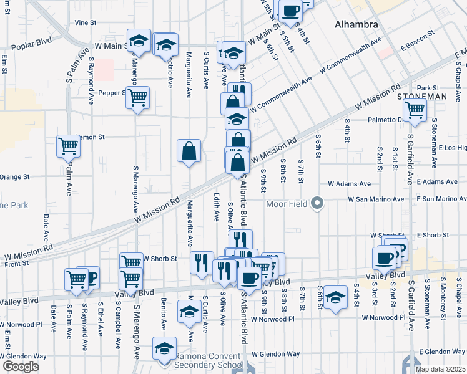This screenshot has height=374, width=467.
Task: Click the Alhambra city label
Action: coord(356,25)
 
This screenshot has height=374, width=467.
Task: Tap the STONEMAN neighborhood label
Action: coord(422,97)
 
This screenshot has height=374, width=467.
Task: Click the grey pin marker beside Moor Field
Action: coord(318,203)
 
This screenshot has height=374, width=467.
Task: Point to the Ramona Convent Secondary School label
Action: coord(209,361)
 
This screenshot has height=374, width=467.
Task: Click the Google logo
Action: coord(21,367)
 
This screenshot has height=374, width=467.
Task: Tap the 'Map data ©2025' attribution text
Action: coord(441,369)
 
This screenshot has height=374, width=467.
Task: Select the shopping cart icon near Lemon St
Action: coord(69,146)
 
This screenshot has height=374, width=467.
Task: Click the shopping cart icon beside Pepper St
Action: coord(138,97)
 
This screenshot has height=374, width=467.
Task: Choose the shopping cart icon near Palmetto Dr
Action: coord(415,111)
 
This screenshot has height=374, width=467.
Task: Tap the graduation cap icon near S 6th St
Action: coord(336,299)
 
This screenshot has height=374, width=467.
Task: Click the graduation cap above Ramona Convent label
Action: coord(165,348)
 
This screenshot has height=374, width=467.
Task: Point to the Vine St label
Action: coord(85,22)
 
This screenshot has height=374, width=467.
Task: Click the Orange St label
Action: coord(15,177)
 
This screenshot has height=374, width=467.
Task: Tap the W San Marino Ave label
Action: coord(366,199)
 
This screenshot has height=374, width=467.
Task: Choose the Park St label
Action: coord(429,88)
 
